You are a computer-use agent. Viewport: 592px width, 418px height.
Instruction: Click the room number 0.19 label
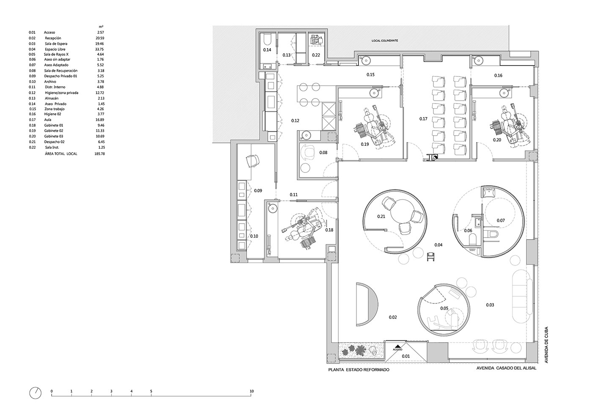[365, 144]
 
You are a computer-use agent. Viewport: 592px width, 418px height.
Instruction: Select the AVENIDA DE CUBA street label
[546, 345]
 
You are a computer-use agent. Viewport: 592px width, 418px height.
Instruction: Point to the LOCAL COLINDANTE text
[384, 41]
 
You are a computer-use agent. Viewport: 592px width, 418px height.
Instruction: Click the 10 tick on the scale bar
[251, 391]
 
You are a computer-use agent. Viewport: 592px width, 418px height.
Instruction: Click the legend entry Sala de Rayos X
[56, 54]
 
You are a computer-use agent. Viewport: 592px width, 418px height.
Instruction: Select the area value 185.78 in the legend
[99, 153]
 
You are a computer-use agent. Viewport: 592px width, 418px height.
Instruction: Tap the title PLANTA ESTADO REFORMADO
[359, 370]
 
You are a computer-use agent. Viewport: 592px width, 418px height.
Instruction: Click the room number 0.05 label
[444, 308]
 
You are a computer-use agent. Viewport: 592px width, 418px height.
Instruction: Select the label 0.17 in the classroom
[423, 119]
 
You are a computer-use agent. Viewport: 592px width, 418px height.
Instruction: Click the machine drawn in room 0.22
[316, 41]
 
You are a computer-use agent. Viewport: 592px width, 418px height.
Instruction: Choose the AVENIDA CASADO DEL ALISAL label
[507, 368]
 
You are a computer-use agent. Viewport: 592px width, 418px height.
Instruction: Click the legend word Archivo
[50, 82]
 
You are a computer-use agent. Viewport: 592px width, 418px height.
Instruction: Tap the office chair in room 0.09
[68, 161]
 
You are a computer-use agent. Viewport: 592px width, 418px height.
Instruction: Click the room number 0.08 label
[323, 153]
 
